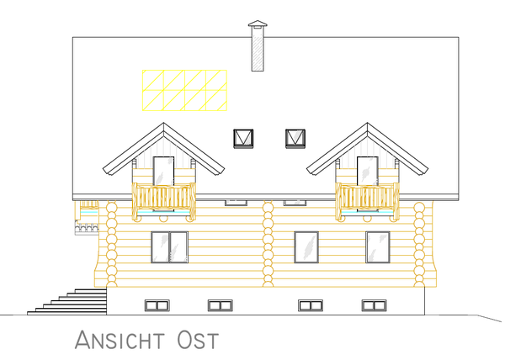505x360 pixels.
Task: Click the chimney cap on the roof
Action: [258, 24]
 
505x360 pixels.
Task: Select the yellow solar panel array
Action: [184, 90]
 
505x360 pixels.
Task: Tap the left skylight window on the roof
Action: [243, 139]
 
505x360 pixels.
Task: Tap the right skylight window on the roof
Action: [295, 139]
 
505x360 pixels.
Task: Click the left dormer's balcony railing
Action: [164, 201]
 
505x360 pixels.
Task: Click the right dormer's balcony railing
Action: [368, 201]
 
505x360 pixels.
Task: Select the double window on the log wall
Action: [169, 247]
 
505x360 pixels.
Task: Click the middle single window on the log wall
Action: [306, 247]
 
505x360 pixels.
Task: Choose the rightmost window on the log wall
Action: [378, 247]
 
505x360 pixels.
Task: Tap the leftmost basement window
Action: [157, 305]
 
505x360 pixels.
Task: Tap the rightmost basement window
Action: [374, 305]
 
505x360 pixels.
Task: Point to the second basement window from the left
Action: [221, 305]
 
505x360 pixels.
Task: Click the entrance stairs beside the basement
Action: [67, 302]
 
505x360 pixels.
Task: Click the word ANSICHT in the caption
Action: [120, 340]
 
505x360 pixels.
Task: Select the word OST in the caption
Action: [198, 340]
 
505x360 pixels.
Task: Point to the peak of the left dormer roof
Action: [163, 123]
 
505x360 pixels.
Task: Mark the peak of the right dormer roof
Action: [368, 123]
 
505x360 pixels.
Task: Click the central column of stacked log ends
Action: [268, 244]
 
